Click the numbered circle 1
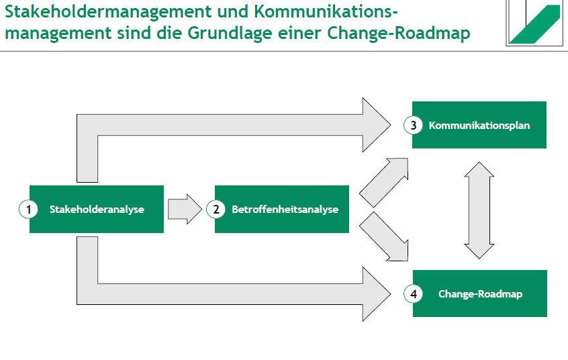coord(28,210)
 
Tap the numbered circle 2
coord(216,210)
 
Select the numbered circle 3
coord(414,125)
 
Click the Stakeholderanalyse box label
coord(97,210)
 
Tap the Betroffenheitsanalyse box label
coord(285,210)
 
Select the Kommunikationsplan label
coord(479,125)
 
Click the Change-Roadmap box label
coord(480,294)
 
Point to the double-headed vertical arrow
coord(479,210)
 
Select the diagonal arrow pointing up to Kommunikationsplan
coord(384,181)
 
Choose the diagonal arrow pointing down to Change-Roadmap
coord(385,237)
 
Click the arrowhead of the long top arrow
coord(376,125)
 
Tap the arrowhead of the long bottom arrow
coord(376,294)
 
